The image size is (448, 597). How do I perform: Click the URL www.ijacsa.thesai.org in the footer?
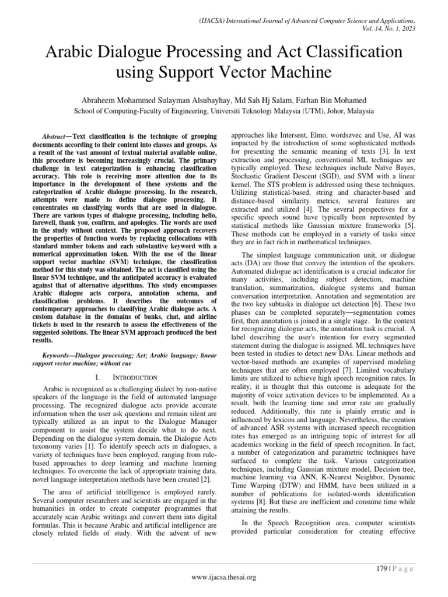click(x=224, y=578)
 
